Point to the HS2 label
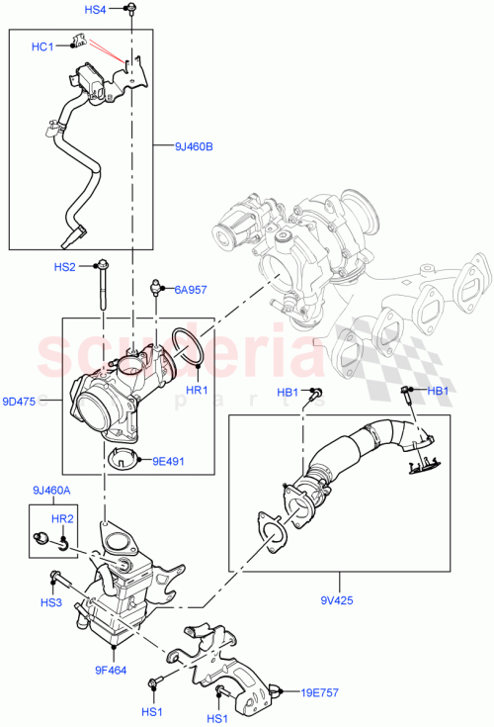(65, 267)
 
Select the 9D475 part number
(19, 402)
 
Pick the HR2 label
(62, 517)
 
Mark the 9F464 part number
(110, 670)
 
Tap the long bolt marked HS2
(103, 287)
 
